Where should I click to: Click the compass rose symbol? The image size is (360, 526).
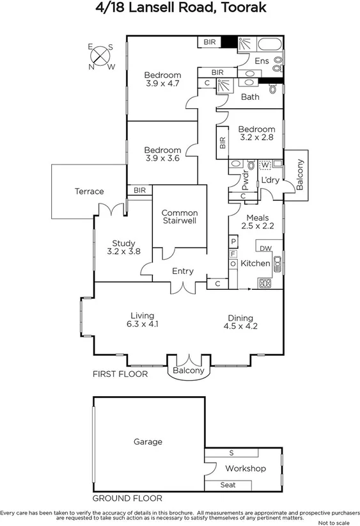(102, 56)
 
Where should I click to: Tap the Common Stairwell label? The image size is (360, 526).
(179, 216)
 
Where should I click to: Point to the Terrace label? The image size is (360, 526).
(89, 191)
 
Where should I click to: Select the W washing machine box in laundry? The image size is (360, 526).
(264, 164)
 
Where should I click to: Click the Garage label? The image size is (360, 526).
(148, 442)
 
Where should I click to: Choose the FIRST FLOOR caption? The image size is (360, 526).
(120, 374)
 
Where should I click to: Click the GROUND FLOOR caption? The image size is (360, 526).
(127, 498)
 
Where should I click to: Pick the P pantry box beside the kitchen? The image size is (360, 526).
(233, 241)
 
